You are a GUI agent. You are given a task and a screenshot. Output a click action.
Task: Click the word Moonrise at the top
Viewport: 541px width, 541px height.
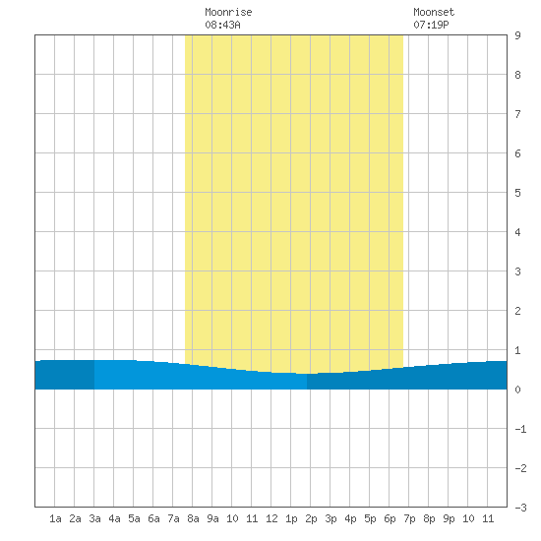(228, 12)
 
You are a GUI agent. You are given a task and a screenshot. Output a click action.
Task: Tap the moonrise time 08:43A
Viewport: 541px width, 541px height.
(222, 25)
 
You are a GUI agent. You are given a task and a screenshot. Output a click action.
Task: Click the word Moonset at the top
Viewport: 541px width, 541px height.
(434, 12)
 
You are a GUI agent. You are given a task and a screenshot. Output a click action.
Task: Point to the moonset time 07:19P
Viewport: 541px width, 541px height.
(431, 25)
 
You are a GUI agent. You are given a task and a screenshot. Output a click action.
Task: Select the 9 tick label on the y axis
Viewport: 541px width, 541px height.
(517, 35)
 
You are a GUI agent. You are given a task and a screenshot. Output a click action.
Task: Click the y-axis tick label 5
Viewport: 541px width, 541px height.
(517, 193)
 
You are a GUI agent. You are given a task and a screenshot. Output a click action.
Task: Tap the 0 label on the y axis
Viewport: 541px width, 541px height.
(517, 390)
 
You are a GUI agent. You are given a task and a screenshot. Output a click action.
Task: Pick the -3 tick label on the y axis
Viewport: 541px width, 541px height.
(520, 508)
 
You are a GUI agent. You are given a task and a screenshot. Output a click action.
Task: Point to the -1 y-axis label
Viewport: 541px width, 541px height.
(520, 429)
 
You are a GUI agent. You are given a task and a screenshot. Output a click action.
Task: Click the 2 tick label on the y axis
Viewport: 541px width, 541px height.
(517, 311)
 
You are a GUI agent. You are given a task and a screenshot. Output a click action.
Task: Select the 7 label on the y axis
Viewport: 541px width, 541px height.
(517, 114)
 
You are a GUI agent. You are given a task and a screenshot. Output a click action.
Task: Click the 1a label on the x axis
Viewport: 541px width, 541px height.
(55, 518)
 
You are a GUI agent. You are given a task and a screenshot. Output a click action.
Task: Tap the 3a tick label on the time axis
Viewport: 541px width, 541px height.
(94, 518)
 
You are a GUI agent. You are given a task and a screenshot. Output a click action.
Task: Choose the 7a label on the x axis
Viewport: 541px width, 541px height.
(173, 518)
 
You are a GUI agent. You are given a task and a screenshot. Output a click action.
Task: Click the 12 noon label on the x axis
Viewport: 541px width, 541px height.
(271, 518)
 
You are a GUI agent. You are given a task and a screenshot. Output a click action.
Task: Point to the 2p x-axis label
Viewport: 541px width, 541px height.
(311, 518)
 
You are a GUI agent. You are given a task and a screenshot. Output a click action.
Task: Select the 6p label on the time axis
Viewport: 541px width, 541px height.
(390, 518)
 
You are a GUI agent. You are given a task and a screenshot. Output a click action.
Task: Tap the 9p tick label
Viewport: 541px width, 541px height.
(449, 518)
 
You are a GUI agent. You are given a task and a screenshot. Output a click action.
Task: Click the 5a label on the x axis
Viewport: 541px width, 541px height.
(134, 518)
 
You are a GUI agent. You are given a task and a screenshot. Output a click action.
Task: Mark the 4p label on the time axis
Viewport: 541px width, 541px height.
(350, 518)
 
